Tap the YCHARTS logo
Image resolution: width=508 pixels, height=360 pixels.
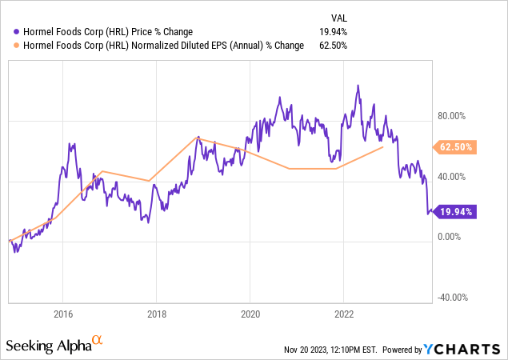pyautogui.click(x=473, y=349)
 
